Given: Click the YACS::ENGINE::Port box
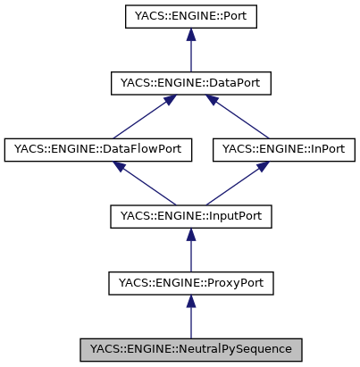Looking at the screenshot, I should tap(189, 17).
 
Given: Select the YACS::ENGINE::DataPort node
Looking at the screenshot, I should tap(189, 83).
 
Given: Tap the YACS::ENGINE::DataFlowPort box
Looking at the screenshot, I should tap(98, 149).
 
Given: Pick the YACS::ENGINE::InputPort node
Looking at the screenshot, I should tap(189, 215).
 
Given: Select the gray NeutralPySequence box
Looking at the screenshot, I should tap(189, 347).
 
